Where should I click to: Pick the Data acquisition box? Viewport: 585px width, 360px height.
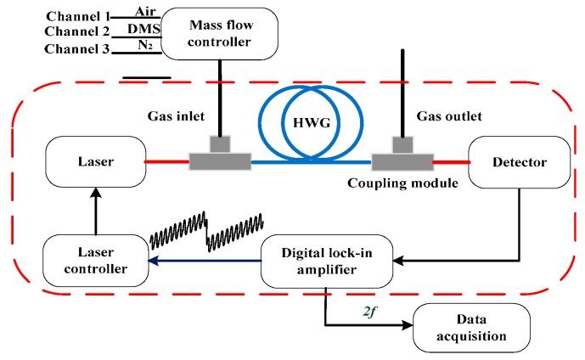click(470, 327)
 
